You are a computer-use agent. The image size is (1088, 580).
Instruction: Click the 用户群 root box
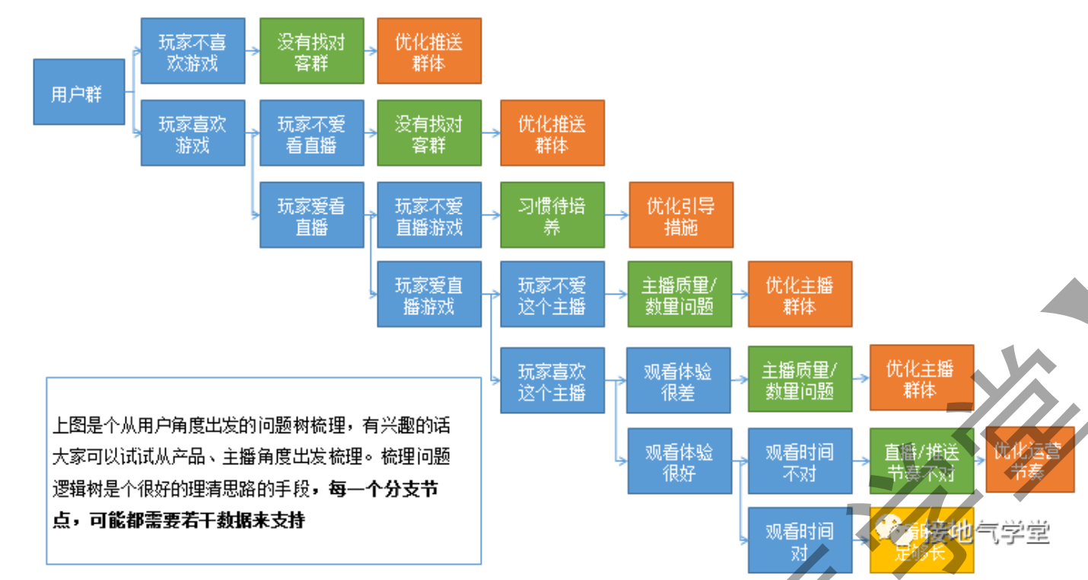coord(78,92)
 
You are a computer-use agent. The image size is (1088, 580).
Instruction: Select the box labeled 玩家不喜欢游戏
coord(192,51)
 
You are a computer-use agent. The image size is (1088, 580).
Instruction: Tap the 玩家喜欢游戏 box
coord(192,132)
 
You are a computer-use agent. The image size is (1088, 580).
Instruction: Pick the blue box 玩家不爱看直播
coord(311,132)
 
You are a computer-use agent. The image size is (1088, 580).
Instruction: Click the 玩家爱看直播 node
coord(311,215)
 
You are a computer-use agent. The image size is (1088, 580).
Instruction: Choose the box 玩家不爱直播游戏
coord(429,215)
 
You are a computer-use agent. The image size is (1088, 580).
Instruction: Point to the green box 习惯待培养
coord(552,215)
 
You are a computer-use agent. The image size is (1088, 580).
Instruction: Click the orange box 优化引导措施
coord(681,215)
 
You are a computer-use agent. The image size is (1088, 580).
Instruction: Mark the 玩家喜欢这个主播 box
coord(552,381)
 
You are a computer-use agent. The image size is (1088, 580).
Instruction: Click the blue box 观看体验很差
coord(678,381)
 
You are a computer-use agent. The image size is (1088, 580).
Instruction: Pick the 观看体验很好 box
coord(678,461)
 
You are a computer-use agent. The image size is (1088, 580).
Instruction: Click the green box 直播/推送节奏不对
coord(921,461)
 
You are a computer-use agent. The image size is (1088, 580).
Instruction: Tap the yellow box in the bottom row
coord(921,540)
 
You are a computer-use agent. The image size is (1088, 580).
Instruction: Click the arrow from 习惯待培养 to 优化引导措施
coord(617,215)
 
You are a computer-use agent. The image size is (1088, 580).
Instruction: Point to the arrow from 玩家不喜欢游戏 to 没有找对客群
coord(252,51)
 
